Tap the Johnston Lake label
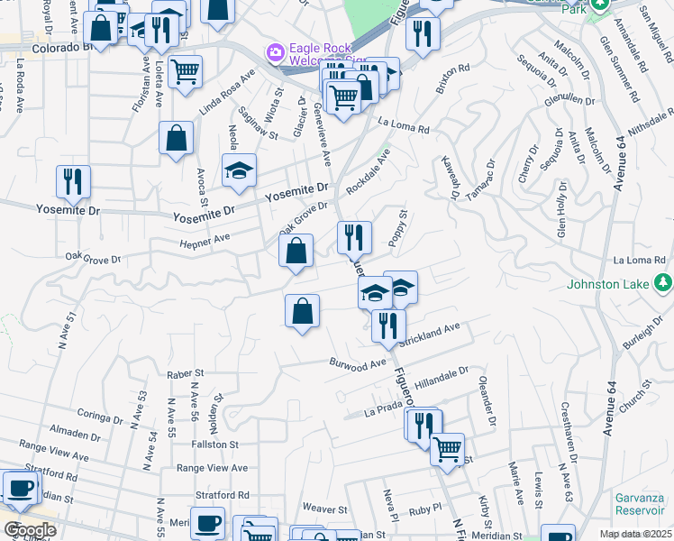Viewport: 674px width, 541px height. click(606, 284)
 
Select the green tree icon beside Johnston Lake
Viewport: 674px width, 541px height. click(662, 283)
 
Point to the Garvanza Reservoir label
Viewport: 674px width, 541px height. click(640, 504)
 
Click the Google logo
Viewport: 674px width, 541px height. click(30, 529)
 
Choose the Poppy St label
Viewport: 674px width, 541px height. click(397, 228)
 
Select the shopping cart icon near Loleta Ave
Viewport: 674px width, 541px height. click(185, 70)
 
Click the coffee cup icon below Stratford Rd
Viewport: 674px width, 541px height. click(210, 522)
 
